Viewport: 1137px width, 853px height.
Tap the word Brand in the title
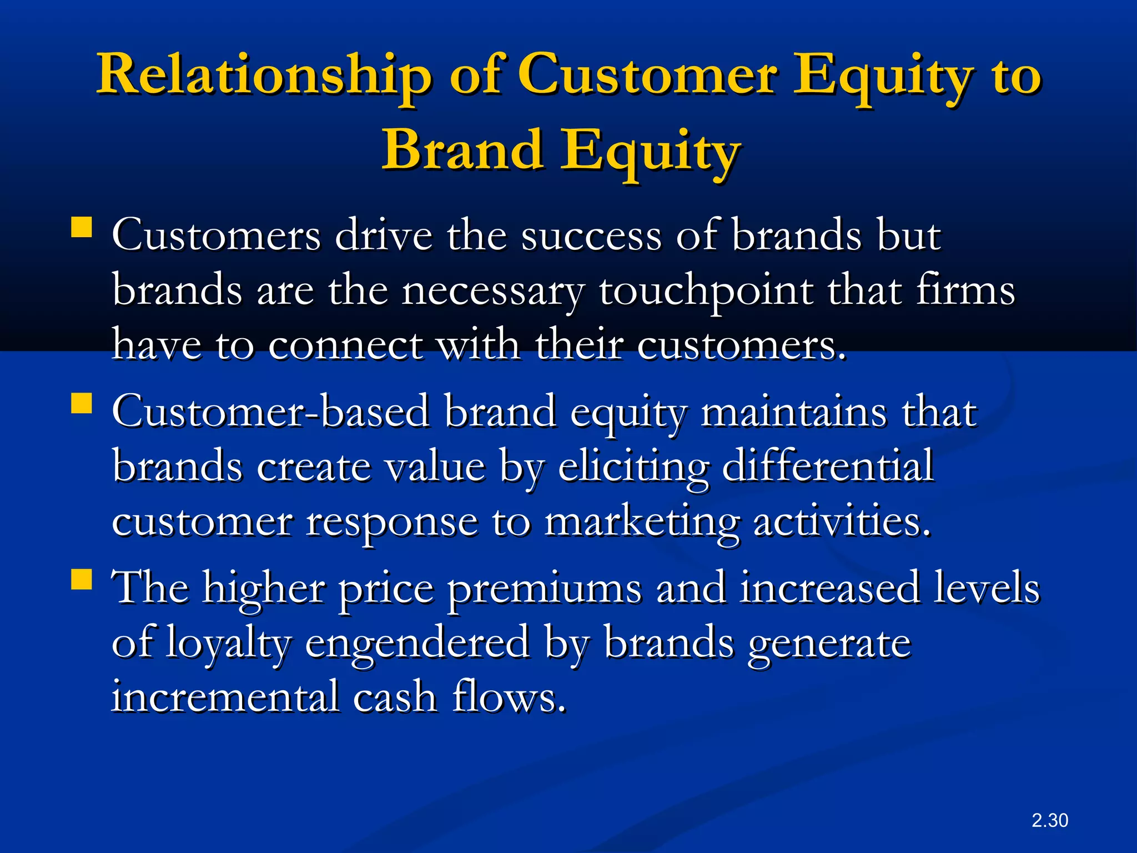point(462,150)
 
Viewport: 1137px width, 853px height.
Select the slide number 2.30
point(1049,820)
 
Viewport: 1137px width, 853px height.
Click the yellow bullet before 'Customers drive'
point(82,228)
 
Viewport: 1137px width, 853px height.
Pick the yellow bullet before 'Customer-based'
point(82,404)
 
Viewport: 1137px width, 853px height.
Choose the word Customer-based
point(270,412)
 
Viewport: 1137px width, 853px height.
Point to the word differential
point(827,466)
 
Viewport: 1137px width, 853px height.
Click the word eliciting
point(633,466)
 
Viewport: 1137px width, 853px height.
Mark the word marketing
point(641,522)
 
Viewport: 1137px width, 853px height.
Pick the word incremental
point(225,697)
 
